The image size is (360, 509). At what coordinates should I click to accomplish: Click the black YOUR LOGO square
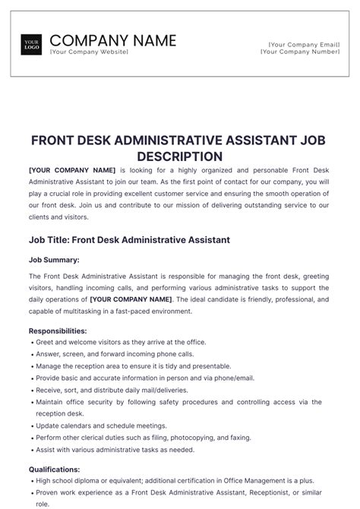tap(32, 45)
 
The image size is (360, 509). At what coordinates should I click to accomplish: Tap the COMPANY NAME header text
tap(112, 40)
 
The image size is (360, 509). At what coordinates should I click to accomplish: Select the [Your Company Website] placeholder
tap(89, 52)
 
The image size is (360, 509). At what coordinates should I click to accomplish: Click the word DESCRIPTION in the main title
tap(179, 156)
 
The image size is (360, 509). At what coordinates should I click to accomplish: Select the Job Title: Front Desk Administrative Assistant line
tap(129, 240)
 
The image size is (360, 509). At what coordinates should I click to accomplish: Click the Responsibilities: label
tap(58, 331)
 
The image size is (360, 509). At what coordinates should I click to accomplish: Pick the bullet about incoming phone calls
tap(115, 354)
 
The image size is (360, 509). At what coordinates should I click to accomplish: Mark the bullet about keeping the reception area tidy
tap(123, 366)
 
